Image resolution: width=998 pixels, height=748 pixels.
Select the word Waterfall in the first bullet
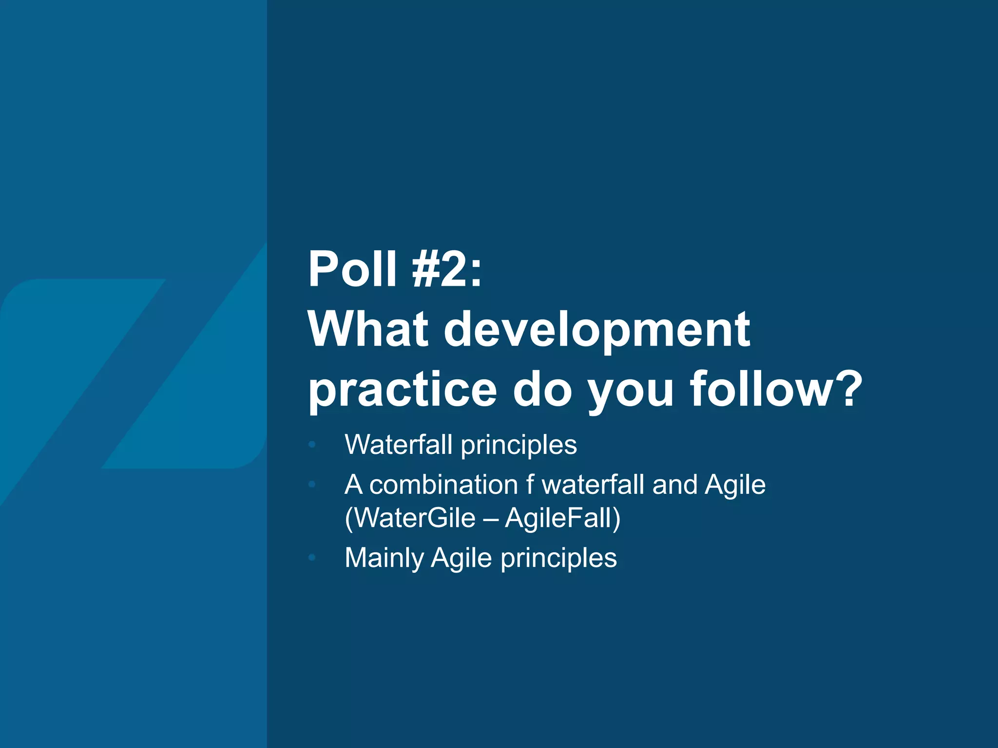click(399, 444)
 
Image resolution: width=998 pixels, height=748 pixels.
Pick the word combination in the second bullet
click(443, 485)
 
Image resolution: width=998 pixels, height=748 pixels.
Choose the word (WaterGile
click(410, 517)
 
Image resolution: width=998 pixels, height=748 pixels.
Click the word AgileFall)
click(563, 517)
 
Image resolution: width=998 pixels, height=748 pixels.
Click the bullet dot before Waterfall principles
click(313, 444)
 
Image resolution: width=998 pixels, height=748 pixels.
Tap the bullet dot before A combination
click(313, 485)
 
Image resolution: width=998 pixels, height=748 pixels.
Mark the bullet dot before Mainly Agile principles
click(313, 558)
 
